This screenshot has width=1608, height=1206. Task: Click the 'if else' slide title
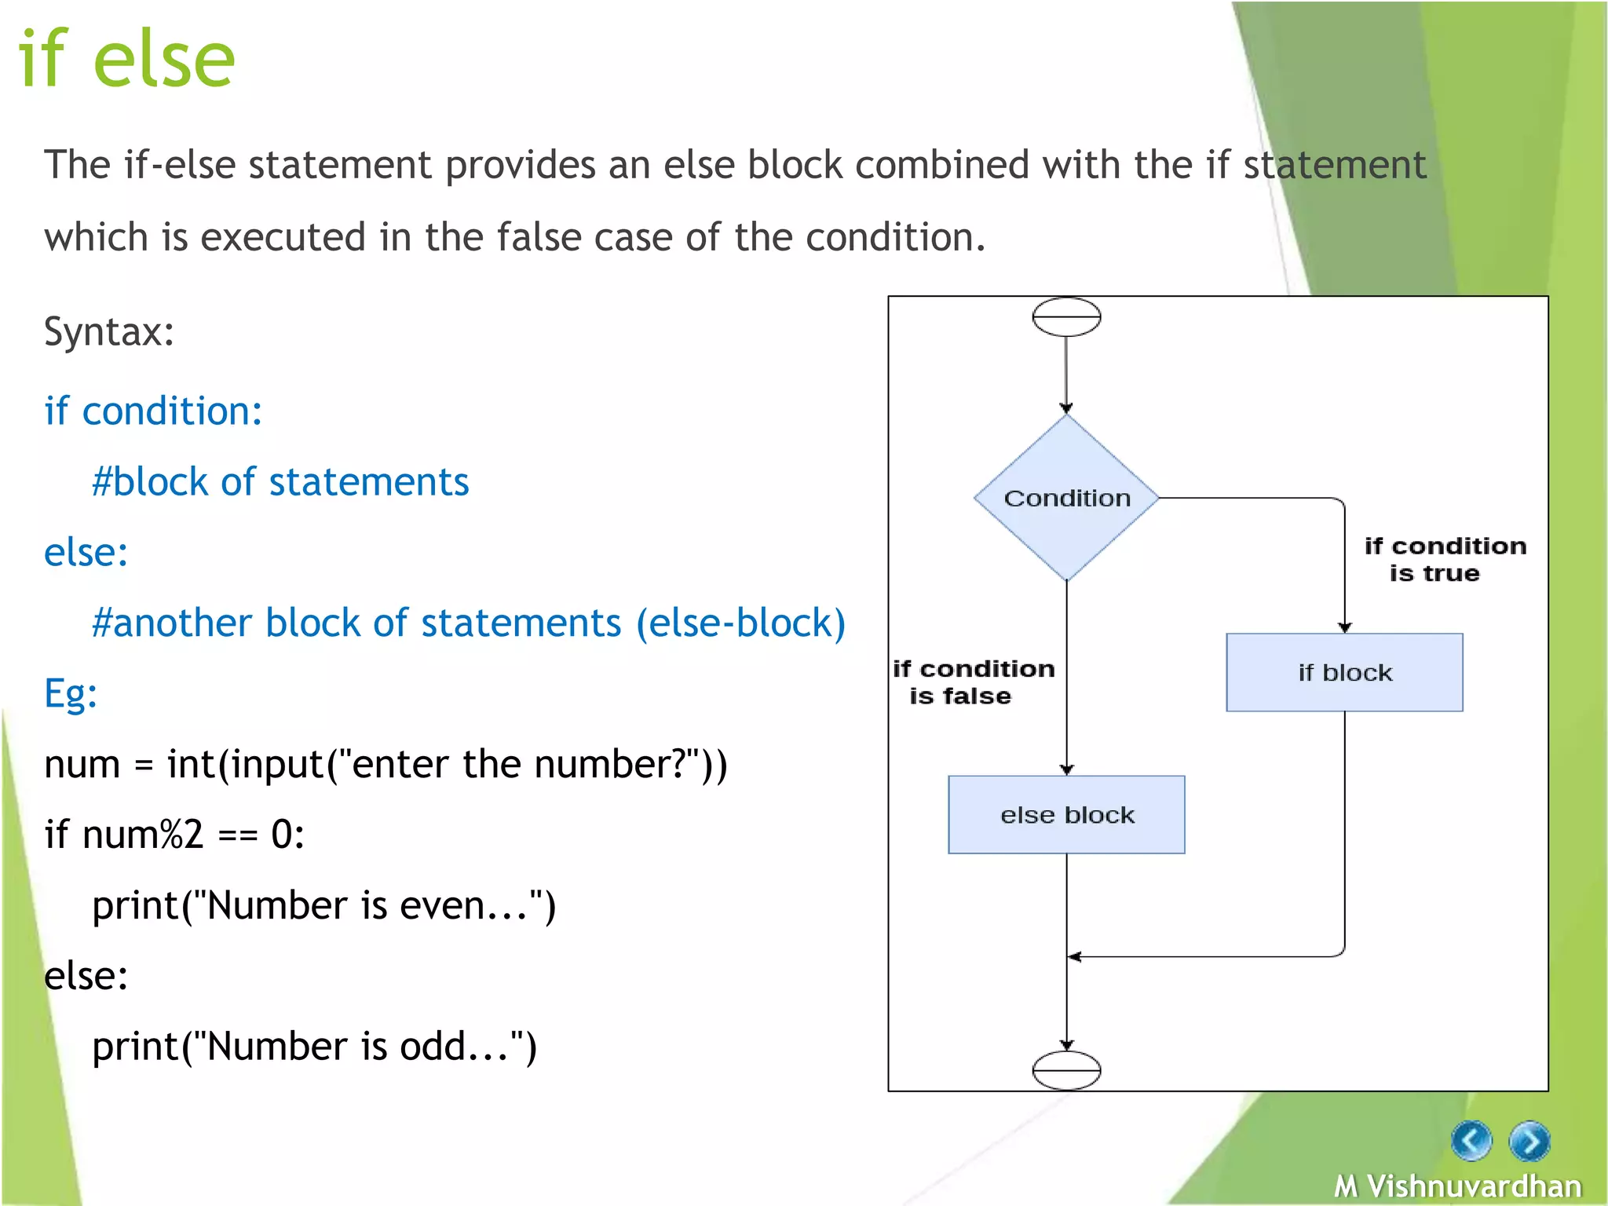[x=126, y=58]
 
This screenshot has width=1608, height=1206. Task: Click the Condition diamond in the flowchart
[x=1066, y=498]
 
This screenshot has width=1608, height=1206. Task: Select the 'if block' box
[x=1344, y=672]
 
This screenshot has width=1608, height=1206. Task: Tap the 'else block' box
[x=1066, y=815]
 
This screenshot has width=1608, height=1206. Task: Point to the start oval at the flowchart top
[x=1066, y=317]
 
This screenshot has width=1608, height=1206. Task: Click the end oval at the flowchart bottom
[x=1066, y=1070]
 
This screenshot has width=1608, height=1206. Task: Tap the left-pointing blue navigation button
[x=1471, y=1140]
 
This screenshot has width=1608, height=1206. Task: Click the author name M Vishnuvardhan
[x=1457, y=1186]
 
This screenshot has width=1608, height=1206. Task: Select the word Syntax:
[x=108, y=331]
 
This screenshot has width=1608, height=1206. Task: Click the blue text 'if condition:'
[x=153, y=411]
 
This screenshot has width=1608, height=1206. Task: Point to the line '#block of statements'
[x=280, y=481]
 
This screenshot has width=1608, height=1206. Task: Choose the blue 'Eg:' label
[x=71, y=693]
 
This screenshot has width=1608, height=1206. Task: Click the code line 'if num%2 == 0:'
[x=174, y=834]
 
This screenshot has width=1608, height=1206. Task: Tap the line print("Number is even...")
[x=323, y=905]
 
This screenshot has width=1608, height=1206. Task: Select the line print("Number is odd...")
[x=314, y=1047]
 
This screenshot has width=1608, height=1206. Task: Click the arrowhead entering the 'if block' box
[x=1345, y=627]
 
